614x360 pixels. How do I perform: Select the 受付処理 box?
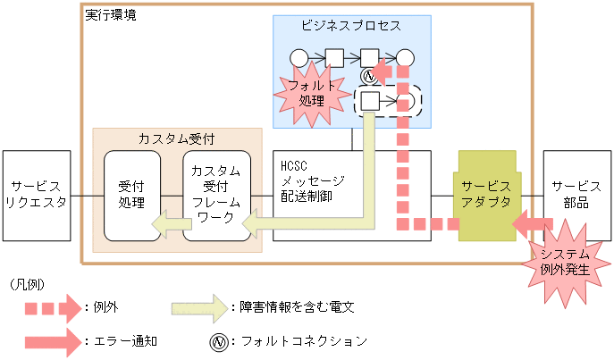(x=132, y=195)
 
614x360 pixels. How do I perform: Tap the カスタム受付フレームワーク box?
(x=215, y=196)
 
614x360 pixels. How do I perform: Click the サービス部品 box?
(x=576, y=195)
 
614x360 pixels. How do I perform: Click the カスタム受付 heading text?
(x=176, y=139)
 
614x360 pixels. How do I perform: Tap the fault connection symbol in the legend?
(x=215, y=340)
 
